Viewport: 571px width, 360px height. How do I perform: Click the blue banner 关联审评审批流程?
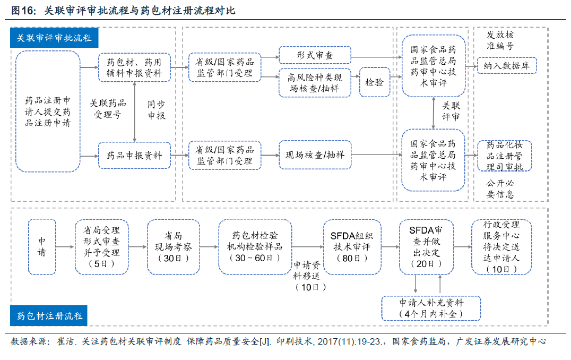pos(54,38)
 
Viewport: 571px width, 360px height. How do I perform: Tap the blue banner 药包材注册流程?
pos(49,316)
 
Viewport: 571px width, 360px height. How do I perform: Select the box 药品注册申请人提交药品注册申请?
pos(48,111)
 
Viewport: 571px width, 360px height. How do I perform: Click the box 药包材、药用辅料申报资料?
pos(134,67)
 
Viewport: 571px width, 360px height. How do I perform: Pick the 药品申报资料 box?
pos(134,156)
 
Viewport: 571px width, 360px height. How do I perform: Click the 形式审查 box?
pos(315,55)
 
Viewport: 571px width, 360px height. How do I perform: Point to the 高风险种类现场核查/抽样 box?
pos(315,82)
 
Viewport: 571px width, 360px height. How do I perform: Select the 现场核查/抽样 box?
pos(315,155)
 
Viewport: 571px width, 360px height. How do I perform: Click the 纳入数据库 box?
pos(506,65)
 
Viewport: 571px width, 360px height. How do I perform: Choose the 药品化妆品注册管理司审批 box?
pos(505,156)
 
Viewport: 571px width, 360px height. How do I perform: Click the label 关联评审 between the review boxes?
pos(451,111)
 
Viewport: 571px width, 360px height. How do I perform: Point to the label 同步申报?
pos(157,110)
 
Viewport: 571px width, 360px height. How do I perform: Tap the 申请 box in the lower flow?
pos(42,247)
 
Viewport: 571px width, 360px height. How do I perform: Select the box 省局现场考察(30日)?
pos(173,247)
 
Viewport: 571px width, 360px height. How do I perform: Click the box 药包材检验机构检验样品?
pos(255,247)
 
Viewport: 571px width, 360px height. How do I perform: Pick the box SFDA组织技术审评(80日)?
pos(352,247)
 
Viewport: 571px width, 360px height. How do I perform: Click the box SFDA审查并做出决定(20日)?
pos(426,247)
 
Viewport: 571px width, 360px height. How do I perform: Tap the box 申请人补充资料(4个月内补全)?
pos(431,308)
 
